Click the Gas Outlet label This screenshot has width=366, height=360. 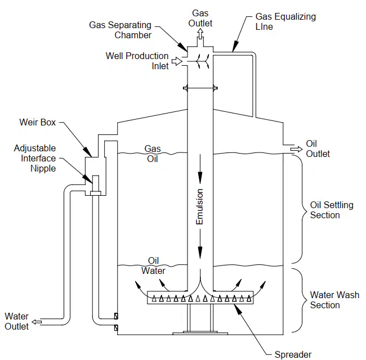click(200, 18)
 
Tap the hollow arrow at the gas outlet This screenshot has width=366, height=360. click(200, 33)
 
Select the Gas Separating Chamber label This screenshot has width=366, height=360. click(120, 30)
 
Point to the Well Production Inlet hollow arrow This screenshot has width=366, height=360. click(177, 61)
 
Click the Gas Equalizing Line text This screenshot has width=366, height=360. click(285, 21)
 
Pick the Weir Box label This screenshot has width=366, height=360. click(38, 122)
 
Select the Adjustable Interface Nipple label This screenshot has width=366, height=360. click(35, 158)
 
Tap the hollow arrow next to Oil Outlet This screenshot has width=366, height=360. click(296, 149)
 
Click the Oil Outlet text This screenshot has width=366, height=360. click(318, 148)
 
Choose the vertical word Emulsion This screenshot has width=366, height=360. click(199, 207)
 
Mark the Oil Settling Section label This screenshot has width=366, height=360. click(332, 210)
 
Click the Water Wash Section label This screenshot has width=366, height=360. click(334, 300)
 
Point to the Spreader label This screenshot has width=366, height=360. click(293, 354)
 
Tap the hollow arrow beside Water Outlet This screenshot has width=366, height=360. click(37, 322)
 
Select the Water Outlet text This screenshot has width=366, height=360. click(16, 321)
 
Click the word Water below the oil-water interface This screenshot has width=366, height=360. click(153, 271)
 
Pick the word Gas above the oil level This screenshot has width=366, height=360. click(153, 148)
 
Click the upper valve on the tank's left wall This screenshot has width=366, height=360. click(116, 316)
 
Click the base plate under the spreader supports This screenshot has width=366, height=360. click(200, 333)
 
